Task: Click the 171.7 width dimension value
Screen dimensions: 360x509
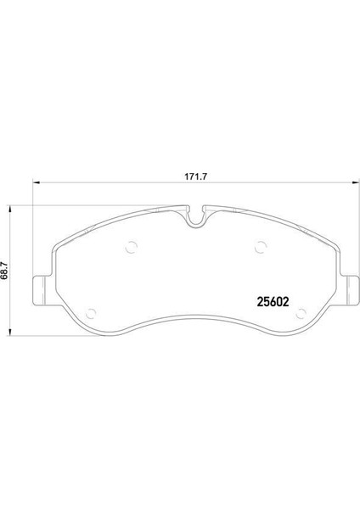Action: click(x=195, y=177)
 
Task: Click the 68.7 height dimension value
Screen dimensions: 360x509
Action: click(x=4, y=271)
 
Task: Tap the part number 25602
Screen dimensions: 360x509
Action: click(x=273, y=302)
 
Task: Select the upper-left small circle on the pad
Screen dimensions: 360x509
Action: click(x=132, y=248)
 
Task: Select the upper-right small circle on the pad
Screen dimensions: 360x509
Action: click(x=261, y=247)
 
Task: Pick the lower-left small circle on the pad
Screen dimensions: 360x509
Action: click(x=91, y=314)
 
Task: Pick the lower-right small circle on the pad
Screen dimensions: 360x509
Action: click(x=301, y=314)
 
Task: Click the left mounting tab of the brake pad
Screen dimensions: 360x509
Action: click(x=42, y=290)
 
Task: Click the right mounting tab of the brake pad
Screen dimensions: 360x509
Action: click(x=350, y=290)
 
